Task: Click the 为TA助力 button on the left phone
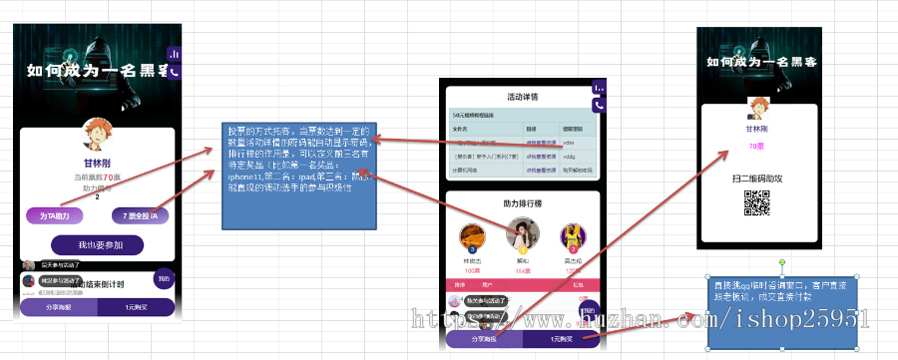pos(54,215)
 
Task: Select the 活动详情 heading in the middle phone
pos(523,98)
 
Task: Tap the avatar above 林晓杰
pos(473,237)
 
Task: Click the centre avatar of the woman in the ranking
pos(522,235)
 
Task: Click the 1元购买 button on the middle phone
pos(559,339)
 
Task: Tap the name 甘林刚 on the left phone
pos(98,164)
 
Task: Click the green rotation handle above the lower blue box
pos(781,263)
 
